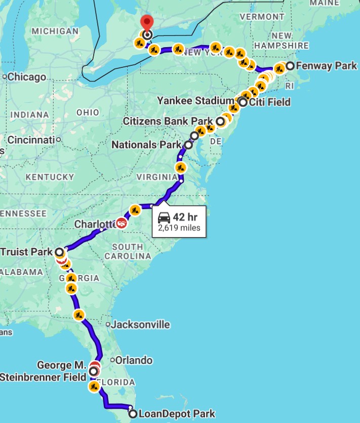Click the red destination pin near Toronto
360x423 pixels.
coord(147,23)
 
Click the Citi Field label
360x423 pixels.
coord(270,102)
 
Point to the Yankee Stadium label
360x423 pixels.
coord(197,100)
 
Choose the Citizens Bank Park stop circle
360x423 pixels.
coord(220,122)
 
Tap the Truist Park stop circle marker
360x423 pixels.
coord(59,252)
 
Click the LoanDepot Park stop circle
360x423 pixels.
coord(133,414)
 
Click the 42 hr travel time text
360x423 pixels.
coord(185,217)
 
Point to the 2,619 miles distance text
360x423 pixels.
coord(179,228)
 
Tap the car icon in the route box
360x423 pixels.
coord(164,217)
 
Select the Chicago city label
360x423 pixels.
coord(27,77)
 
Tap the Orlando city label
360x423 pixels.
coord(134,361)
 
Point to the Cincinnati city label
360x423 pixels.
coord(31,139)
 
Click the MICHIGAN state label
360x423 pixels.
coord(55,31)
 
